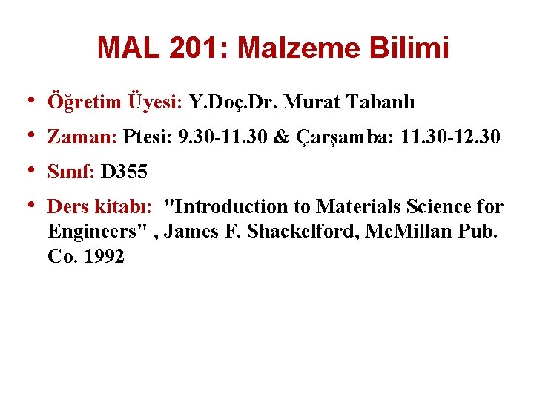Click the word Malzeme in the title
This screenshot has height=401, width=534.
(299, 49)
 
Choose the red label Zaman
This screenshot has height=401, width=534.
(79, 137)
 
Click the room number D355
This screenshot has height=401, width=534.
(124, 173)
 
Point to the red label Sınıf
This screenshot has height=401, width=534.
(69, 173)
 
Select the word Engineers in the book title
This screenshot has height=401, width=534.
(96, 232)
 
